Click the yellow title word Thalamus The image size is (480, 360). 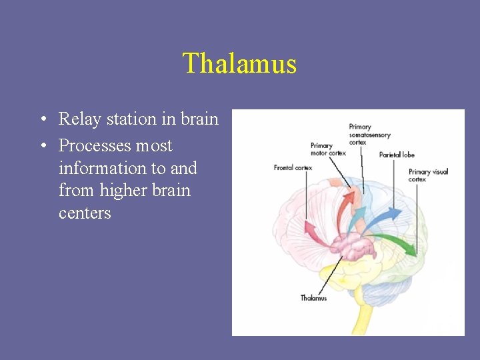tap(239, 64)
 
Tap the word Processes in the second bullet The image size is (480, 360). tap(95, 146)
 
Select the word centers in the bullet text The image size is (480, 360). tap(85, 213)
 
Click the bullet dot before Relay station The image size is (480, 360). tap(43, 120)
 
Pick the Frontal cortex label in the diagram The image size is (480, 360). tap(293, 167)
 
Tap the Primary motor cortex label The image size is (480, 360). tap(327, 149)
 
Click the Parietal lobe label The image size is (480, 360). tap(397, 155)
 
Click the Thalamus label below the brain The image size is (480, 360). tap(313, 298)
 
